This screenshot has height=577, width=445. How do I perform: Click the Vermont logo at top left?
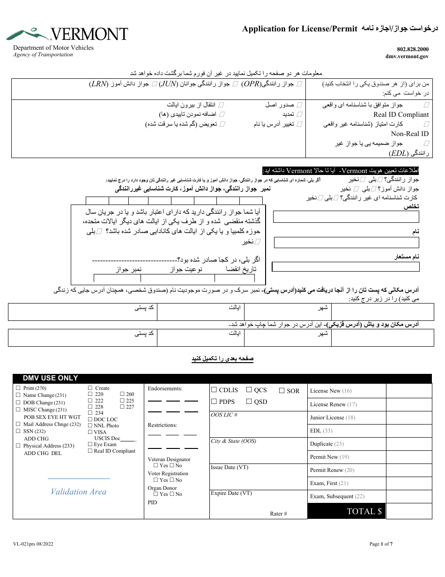point(67,34)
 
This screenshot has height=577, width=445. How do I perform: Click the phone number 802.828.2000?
point(412,49)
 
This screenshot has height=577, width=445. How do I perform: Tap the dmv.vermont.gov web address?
point(407,56)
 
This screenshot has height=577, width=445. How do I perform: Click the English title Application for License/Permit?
point(300,29)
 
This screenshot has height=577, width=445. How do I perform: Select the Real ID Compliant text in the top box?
point(401,114)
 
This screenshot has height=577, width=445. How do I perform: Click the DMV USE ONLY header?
point(51,378)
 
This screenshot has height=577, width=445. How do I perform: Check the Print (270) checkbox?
point(18,388)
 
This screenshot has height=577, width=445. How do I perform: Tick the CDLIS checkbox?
point(214,390)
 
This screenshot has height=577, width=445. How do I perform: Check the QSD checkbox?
point(249,401)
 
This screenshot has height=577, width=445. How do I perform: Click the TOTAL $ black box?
point(346,511)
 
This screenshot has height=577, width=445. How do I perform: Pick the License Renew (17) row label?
point(333,404)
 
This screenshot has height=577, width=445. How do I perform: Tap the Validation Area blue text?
point(79,492)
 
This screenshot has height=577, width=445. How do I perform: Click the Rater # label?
point(278,514)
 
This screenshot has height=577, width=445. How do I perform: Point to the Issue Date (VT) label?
point(230,467)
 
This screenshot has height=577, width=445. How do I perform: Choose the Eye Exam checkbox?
point(90,444)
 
